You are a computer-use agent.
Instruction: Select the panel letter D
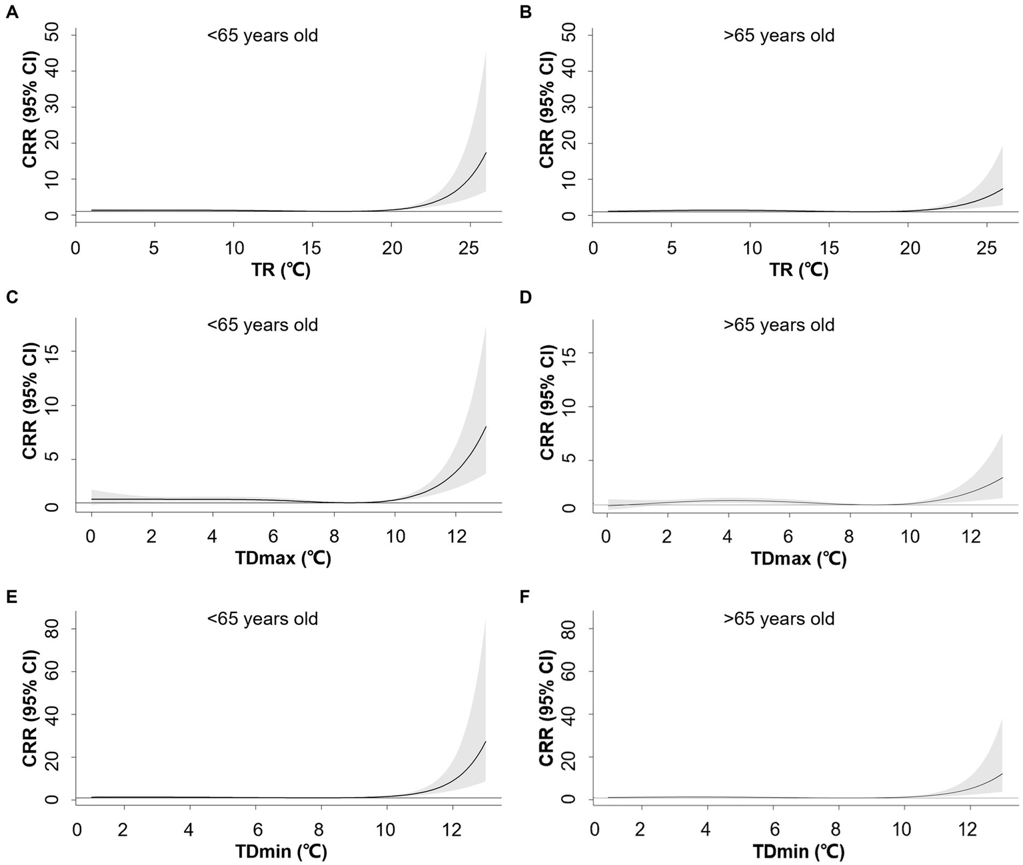[x=525, y=297]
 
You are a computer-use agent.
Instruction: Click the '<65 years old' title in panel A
[x=262, y=35]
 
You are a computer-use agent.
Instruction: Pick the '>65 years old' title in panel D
[x=778, y=325]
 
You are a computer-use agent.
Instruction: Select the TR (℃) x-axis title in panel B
[x=799, y=270]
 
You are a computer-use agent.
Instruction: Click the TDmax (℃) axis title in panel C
[x=283, y=558]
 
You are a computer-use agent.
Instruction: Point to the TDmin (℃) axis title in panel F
[x=799, y=851]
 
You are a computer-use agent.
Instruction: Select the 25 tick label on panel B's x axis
[x=989, y=249]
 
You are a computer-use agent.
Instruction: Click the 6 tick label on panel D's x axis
[x=789, y=536]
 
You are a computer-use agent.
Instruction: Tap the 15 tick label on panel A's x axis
[x=313, y=249]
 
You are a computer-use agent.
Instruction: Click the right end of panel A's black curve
[x=486, y=153]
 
